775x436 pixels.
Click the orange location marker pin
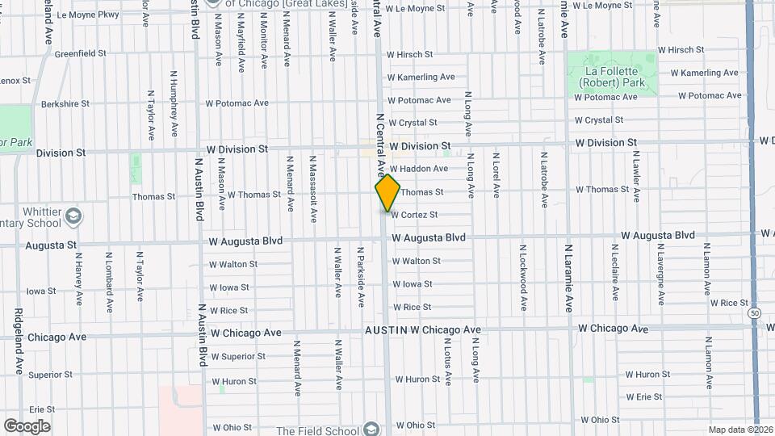coord(387,193)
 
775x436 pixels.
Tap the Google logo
coord(27,426)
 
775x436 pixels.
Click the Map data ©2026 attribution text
coord(740,430)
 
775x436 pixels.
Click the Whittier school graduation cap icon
coord(74,216)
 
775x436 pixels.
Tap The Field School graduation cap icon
coord(371,430)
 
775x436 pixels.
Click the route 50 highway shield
coord(753,312)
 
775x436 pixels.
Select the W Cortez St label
coord(414,215)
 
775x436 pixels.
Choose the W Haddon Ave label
coord(418,169)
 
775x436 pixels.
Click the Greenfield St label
coord(80,53)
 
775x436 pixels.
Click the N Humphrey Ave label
coord(173,103)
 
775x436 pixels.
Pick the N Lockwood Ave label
coord(523,279)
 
